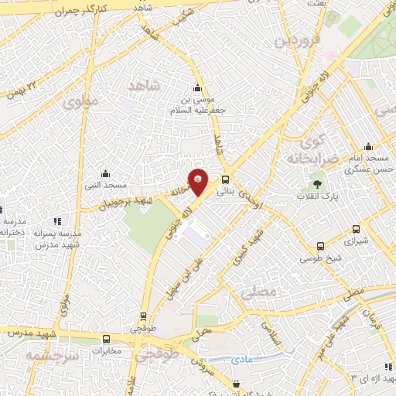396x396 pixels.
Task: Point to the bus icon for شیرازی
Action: (356, 229)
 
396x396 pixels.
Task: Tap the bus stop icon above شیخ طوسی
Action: (319, 247)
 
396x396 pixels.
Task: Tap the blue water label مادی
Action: (241, 360)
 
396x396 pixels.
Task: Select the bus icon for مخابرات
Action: (106, 339)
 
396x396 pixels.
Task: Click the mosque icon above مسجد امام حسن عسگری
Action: (368, 147)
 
